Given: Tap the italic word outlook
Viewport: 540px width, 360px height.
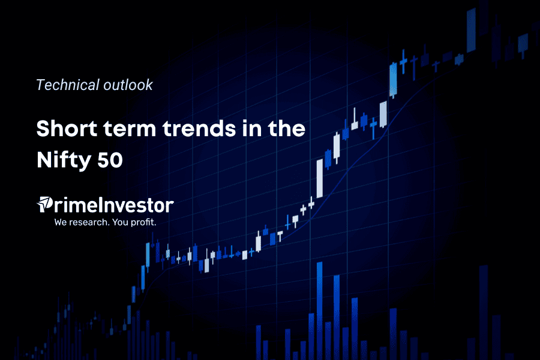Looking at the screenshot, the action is pyautogui.click(x=128, y=85).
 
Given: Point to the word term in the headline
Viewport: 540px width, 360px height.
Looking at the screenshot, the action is pyautogui.click(x=130, y=129).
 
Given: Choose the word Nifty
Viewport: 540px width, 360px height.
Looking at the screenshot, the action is pyautogui.click(x=64, y=161).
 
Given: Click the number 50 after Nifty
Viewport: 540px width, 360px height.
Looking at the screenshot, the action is pyautogui.click(x=110, y=160).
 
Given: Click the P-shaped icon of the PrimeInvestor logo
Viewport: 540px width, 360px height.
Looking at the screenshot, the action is pyautogui.click(x=45, y=204).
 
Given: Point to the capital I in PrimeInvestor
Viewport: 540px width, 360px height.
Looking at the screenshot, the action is pyautogui.click(x=92, y=205).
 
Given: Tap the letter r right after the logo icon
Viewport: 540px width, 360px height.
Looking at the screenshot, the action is pyautogui.click(x=58, y=206).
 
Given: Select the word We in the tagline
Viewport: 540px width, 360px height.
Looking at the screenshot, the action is pyautogui.click(x=61, y=222).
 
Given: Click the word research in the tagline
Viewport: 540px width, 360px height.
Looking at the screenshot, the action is pyautogui.click(x=89, y=222).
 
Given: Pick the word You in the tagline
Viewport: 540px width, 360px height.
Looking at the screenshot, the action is pyautogui.click(x=120, y=222).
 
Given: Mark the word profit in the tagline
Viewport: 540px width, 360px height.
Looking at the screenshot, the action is pyautogui.click(x=143, y=222).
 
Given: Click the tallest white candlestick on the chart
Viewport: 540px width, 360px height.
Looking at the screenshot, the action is pyautogui.click(x=320, y=178).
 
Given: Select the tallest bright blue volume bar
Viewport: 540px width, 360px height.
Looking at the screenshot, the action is pyautogui.click(x=320, y=311).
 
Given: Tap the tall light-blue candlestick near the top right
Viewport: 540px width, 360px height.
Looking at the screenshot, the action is pyautogui.click(x=393, y=80).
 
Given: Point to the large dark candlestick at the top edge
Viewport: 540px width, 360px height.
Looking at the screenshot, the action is pyautogui.click(x=471, y=31).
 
